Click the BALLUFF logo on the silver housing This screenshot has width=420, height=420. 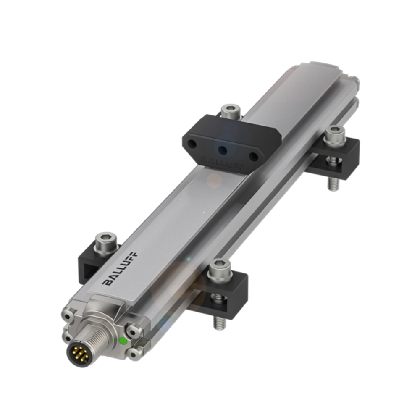(120, 269)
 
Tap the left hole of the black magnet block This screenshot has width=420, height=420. (193, 144)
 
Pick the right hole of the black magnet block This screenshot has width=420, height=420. (253, 157)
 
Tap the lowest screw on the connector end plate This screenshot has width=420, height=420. (134, 355)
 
